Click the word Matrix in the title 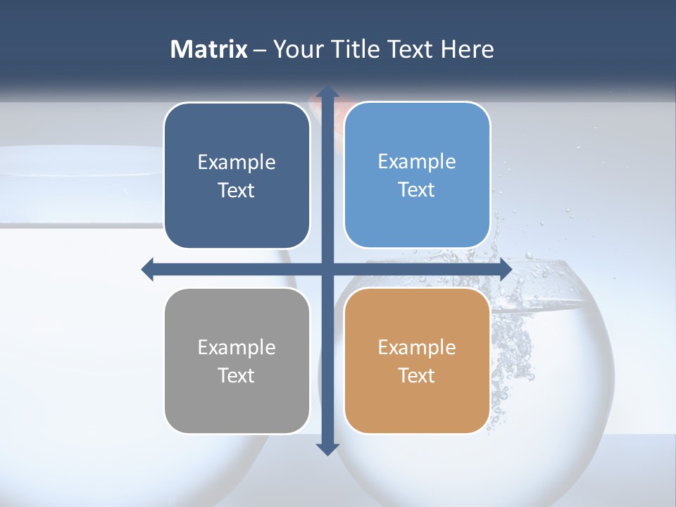click(x=208, y=49)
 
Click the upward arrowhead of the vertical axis click(x=327, y=92)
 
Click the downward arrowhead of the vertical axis click(x=327, y=449)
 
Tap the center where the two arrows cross click(x=327, y=269)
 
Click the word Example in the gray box click(x=237, y=347)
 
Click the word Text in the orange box click(x=417, y=375)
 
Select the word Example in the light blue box click(x=417, y=161)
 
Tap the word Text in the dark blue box click(x=237, y=190)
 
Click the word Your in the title click(x=296, y=49)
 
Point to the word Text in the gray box click(x=237, y=375)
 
